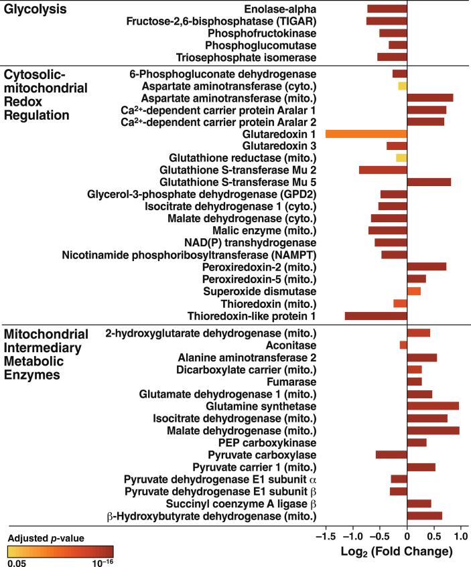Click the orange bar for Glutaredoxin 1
point(366,134)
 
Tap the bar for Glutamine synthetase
point(433,406)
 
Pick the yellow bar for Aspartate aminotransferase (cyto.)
point(403,86)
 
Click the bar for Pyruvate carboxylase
point(391,455)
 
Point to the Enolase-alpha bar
point(387,9)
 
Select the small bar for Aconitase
point(403,345)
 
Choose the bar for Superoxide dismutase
point(414,291)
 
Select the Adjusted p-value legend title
point(46,538)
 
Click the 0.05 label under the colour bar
point(17,562)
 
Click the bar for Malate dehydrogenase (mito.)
point(433,430)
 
